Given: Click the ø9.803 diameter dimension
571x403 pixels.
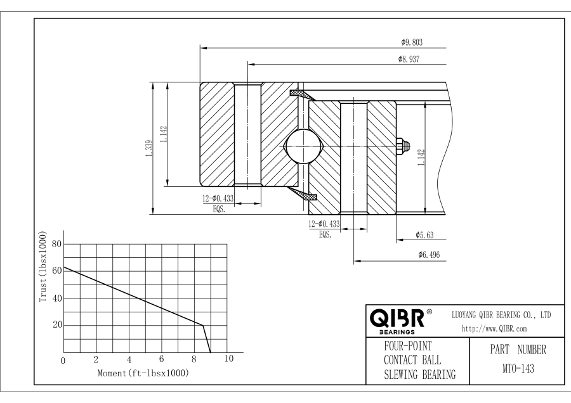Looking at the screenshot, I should point(412,42).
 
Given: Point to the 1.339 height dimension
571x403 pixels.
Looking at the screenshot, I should point(148,148).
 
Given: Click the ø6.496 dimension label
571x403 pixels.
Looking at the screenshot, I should point(429,255).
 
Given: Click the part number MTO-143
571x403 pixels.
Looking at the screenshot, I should point(515,368).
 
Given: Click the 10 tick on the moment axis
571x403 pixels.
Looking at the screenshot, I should point(230,360).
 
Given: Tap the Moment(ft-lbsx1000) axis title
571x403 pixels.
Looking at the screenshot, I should point(143,373).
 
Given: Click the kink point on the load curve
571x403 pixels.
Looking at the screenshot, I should point(203,325).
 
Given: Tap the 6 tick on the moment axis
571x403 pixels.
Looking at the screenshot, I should point(162,360).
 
